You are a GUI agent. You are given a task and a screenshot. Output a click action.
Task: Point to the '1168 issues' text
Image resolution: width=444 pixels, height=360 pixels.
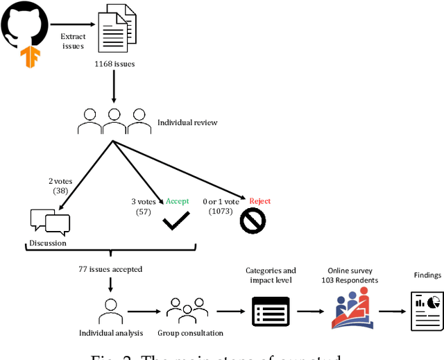pyautogui.click(x=114, y=64)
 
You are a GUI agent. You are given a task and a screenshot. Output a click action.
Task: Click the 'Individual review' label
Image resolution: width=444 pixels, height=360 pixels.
pyautogui.click(x=187, y=123)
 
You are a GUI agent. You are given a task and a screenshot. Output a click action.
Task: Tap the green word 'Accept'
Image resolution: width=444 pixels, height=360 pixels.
pyautogui.click(x=177, y=201)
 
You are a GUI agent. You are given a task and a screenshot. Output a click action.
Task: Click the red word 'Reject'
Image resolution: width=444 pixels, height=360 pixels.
pyautogui.click(x=259, y=201)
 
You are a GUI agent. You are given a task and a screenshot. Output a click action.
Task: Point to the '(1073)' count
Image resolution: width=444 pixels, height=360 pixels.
pyautogui.click(x=221, y=211)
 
